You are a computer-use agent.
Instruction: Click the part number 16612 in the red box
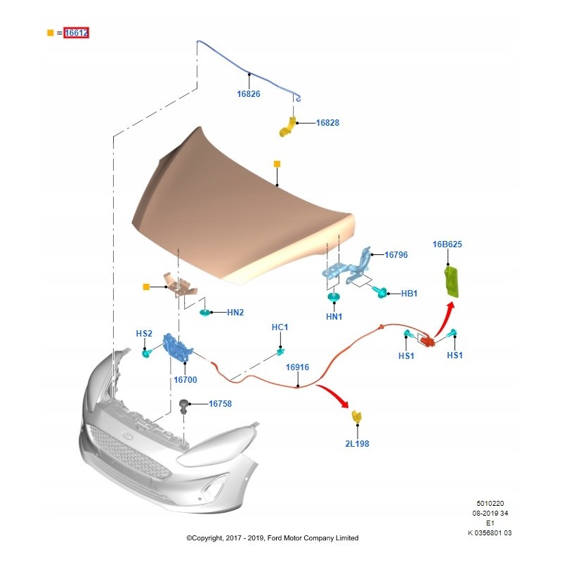click(77, 33)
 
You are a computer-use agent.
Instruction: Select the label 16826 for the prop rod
click(249, 94)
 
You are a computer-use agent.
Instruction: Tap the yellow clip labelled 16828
click(287, 127)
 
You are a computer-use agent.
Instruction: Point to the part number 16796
click(396, 255)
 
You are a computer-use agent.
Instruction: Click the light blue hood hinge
click(347, 267)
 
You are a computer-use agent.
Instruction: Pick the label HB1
click(410, 294)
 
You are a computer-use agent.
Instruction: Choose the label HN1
click(334, 317)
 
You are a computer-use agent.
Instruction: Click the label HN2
click(235, 313)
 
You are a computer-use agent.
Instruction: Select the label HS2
click(144, 334)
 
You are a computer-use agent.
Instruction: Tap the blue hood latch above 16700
click(178, 347)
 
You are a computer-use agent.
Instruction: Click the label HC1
click(280, 327)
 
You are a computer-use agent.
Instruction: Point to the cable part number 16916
click(297, 367)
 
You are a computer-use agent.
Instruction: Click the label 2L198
click(357, 444)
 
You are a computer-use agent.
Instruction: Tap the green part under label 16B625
click(452, 282)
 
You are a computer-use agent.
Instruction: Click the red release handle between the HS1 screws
click(428, 341)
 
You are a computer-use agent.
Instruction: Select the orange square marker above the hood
click(277, 164)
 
